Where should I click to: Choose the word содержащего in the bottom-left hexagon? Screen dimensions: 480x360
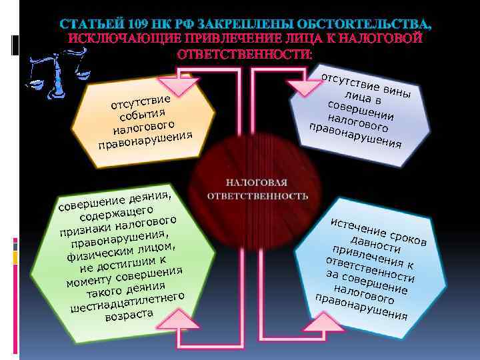tap(119, 214)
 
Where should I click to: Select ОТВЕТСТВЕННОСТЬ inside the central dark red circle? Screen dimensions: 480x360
tap(257, 196)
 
